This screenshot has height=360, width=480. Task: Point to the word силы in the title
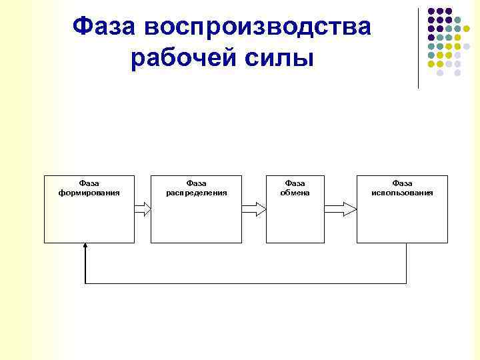pos(279,59)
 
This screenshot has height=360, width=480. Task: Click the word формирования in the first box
pos(89,193)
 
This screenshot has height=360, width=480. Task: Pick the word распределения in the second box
pos(196,193)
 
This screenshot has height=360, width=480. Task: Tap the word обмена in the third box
pos(295,193)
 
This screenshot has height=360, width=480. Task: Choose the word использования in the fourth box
pos(402,193)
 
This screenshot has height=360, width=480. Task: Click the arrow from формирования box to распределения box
pos(143,209)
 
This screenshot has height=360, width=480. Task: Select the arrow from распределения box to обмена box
pos(253,209)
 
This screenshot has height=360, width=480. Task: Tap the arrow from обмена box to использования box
pos(341,209)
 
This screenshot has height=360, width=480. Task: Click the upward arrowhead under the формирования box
pos(85,247)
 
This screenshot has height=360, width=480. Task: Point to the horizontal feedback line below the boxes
pos(245,283)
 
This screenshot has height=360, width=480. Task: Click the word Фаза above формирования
pos(89,183)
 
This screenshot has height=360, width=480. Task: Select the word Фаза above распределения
pos(196,183)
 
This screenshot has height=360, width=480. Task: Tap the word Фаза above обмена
pos(295,183)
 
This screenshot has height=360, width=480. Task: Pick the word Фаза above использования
pos(402,183)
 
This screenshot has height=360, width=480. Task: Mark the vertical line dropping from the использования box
pos(406,263)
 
